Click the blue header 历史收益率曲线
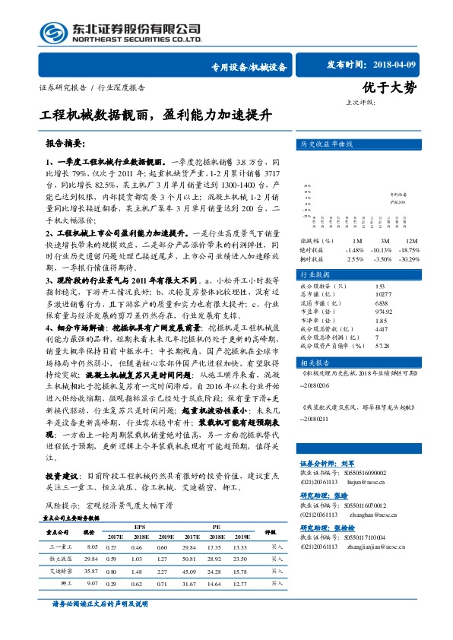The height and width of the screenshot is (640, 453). click(x=327, y=143)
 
